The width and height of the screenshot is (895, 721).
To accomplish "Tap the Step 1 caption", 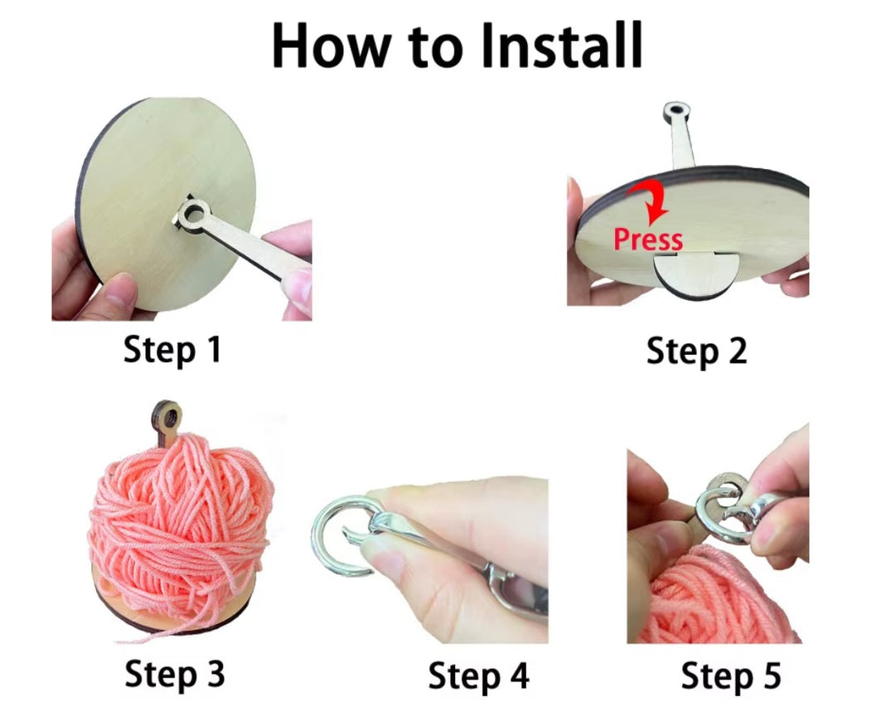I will point(172,350).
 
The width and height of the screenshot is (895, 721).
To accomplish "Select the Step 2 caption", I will point(696,351).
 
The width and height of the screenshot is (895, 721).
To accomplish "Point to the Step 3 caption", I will point(174,673).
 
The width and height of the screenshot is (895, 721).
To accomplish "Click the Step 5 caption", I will point(730,675).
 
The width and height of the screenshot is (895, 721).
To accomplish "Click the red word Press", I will point(648,240).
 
